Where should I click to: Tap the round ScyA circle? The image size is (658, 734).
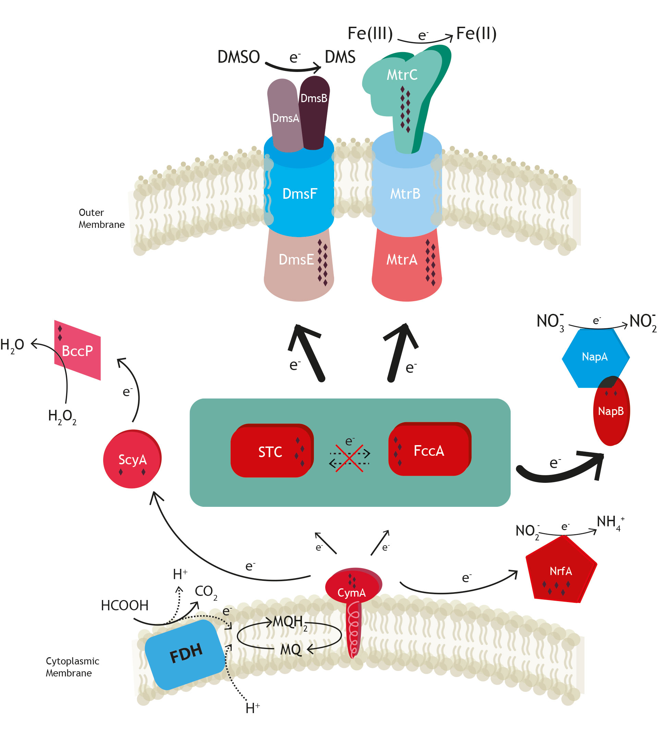(x=132, y=459)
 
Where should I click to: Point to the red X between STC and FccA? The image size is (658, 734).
(x=349, y=458)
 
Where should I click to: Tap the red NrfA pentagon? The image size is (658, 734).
(x=560, y=571)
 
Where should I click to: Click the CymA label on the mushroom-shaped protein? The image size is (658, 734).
(x=351, y=592)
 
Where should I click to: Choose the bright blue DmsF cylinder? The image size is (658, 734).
(x=299, y=194)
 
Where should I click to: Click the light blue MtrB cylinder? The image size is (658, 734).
(x=406, y=194)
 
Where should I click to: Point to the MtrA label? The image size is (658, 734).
(x=402, y=260)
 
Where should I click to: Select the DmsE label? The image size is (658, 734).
(x=296, y=260)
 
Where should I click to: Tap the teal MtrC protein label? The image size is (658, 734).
(x=402, y=75)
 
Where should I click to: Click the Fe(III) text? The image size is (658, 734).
(x=370, y=33)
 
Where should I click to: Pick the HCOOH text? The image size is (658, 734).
(x=124, y=605)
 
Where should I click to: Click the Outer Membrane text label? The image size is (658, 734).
(x=101, y=218)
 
